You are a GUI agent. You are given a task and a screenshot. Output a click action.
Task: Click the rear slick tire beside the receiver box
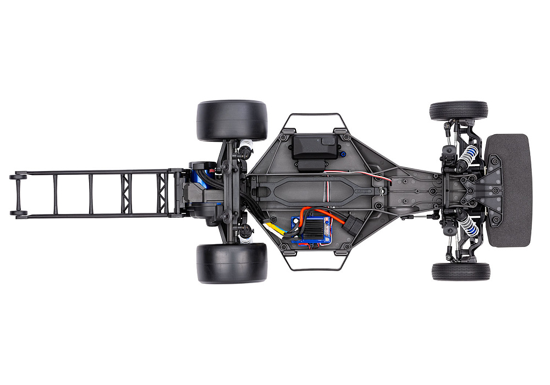coord(232,120)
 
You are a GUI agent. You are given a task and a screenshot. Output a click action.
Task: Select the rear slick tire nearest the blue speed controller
coord(232,263)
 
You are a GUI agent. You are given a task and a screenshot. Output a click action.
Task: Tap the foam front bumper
coord(509,190)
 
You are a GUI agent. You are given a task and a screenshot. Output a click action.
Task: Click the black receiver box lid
coord(314,146)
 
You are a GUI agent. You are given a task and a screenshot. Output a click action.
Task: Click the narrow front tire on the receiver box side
coord(459,111)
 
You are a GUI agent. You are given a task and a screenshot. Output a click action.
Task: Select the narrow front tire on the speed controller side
coord(460,271)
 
